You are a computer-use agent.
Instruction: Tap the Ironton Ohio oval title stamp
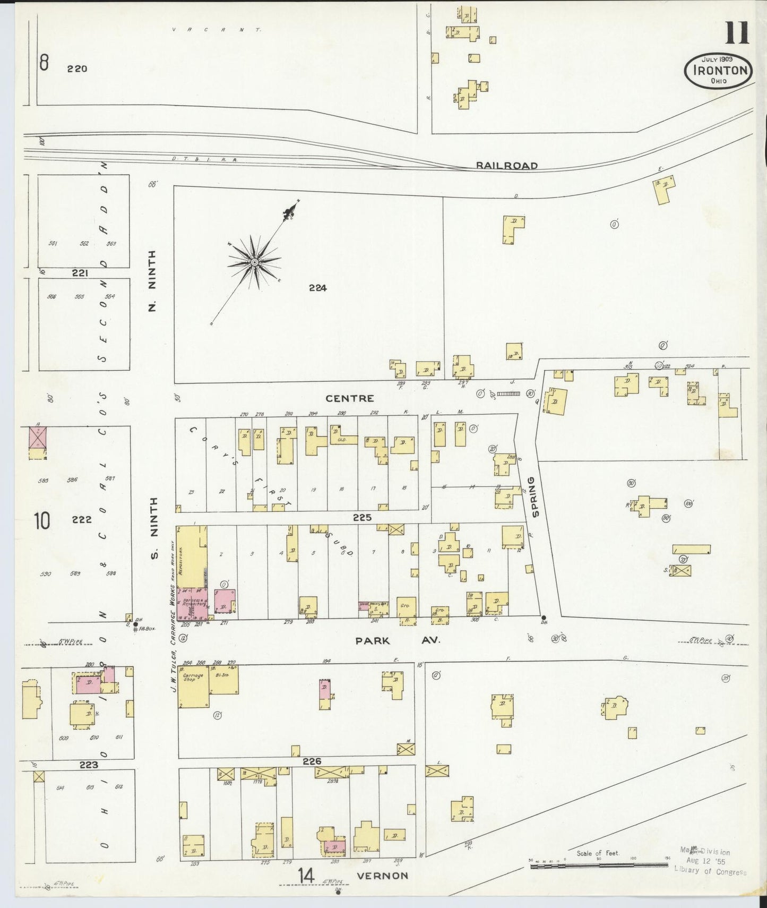point(718,71)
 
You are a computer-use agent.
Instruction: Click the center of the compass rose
point(254,262)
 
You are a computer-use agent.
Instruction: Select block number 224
point(317,288)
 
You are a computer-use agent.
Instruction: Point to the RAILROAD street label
point(506,166)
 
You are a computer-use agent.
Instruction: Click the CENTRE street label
point(349,398)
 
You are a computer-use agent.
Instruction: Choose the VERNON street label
point(382,876)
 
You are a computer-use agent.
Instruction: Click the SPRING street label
point(535,496)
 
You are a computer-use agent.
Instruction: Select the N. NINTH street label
point(152,281)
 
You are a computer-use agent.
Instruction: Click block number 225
point(361,517)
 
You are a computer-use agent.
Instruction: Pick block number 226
point(312,761)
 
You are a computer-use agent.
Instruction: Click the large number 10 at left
point(42,521)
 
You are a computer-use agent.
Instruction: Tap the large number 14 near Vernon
point(305,876)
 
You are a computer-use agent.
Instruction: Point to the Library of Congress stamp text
point(710,871)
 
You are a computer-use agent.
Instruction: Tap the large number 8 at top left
point(44,64)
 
